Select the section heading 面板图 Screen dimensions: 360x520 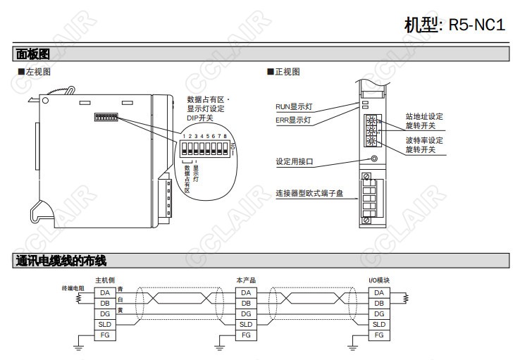[x=32, y=54]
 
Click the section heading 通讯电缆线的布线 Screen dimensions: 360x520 [x=61, y=261]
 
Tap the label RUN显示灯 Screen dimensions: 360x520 [x=294, y=106]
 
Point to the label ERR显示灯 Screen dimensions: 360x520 [x=293, y=120]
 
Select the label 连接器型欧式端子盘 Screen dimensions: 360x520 [x=309, y=192]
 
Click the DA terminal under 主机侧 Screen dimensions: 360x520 [x=104, y=292]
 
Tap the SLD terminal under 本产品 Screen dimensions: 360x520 [x=245, y=324]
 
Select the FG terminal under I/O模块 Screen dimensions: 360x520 [x=378, y=335]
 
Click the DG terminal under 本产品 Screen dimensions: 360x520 [x=245, y=314]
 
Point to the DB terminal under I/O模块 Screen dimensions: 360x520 [x=378, y=303]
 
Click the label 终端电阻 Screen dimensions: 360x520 [x=73, y=288]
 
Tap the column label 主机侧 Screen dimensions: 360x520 [x=104, y=280]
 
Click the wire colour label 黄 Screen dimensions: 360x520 [x=120, y=310]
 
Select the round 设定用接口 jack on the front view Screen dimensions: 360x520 [x=373, y=160]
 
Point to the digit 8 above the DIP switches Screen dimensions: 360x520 [x=224, y=135]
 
